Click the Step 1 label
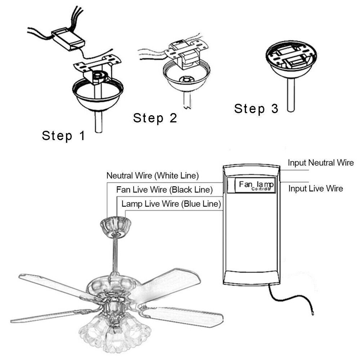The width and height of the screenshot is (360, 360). [x=63, y=136]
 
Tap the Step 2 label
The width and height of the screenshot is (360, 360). [x=155, y=118]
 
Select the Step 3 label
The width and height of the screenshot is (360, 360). [x=256, y=108]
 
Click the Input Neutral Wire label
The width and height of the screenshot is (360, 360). [x=321, y=163]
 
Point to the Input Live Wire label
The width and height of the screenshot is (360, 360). [x=316, y=188]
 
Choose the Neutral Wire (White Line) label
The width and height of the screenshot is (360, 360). [x=153, y=176]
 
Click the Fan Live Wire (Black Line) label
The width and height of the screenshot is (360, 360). [x=165, y=190]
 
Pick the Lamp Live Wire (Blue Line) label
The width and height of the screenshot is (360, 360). [x=171, y=204]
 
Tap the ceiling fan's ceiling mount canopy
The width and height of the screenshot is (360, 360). [x=116, y=226]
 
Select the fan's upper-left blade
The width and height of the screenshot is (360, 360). [x=54, y=284]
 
